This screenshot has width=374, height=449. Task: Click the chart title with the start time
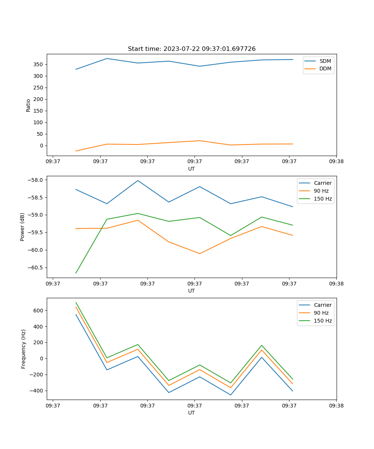point(191,49)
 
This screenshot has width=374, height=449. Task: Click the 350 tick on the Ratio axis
point(39,64)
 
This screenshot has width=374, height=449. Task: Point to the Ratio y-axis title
point(28,105)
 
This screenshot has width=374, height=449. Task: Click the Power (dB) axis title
point(22,227)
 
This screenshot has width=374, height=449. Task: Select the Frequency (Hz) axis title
point(24,349)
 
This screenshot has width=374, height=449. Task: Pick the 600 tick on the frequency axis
point(39,311)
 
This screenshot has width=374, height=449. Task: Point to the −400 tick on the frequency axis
point(37,391)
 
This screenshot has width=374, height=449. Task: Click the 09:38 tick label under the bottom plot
point(336,406)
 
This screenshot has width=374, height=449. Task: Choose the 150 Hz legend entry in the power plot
point(323,199)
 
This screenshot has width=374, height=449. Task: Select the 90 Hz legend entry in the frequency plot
point(321,313)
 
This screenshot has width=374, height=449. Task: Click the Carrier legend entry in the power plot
point(322,183)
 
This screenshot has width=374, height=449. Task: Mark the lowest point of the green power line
point(76,273)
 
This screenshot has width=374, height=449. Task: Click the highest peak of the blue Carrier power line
point(138,180)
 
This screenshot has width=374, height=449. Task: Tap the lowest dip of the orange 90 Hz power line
point(200,254)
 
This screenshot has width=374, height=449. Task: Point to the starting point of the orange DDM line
point(76,151)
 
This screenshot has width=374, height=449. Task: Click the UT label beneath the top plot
point(191,169)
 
